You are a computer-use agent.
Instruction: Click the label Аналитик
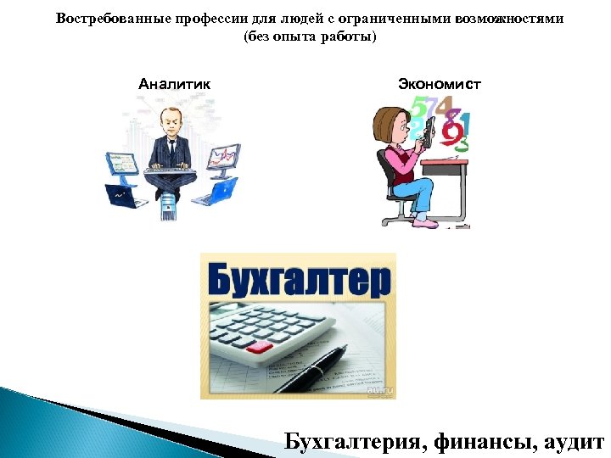point(174,84)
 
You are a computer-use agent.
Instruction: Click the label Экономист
point(439,84)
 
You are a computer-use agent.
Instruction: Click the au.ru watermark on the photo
point(378,393)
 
